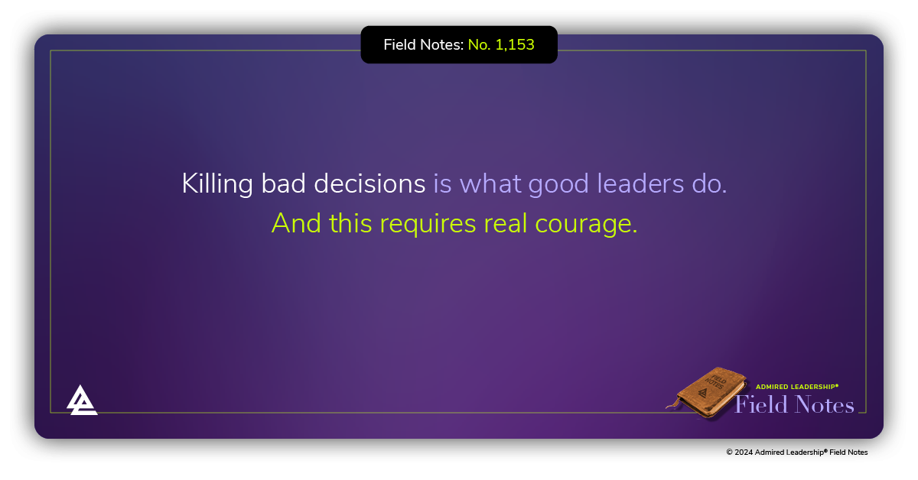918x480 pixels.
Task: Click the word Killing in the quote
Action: point(207,184)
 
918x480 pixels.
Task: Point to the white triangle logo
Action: point(82,400)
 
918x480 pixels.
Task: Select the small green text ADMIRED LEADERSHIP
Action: point(797,387)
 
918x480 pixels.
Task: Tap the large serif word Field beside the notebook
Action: point(761,404)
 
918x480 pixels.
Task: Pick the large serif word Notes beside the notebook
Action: point(824,404)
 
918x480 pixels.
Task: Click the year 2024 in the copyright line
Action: point(744,452)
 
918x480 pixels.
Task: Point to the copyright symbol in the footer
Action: point(729,452)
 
